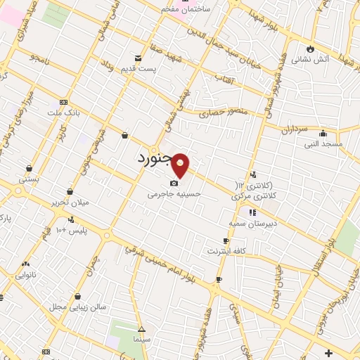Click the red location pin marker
181,165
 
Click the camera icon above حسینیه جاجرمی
174,184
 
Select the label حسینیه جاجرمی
175,194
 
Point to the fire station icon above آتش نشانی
309,49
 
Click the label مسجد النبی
323,144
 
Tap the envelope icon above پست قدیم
137,58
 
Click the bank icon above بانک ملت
64,103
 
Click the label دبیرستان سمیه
250,223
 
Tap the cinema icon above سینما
141,328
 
